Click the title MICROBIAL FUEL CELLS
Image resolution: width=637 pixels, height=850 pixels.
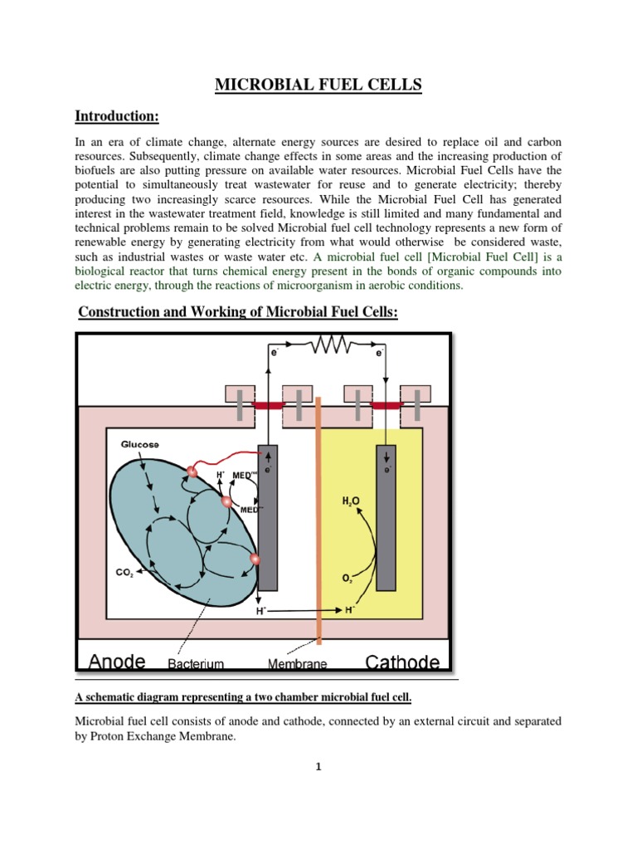tap(318, 85)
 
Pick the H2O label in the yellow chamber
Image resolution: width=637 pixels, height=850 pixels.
tap(352, 501)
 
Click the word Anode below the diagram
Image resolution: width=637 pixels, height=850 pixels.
tap(117, 662)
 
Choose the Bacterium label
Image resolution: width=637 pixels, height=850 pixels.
tap(198, 664)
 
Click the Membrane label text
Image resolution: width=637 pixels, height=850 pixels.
tap(297, 664)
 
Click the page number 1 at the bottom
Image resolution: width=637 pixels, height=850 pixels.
tap(318, 767)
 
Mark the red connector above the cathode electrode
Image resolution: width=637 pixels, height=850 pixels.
tap(386, 404)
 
